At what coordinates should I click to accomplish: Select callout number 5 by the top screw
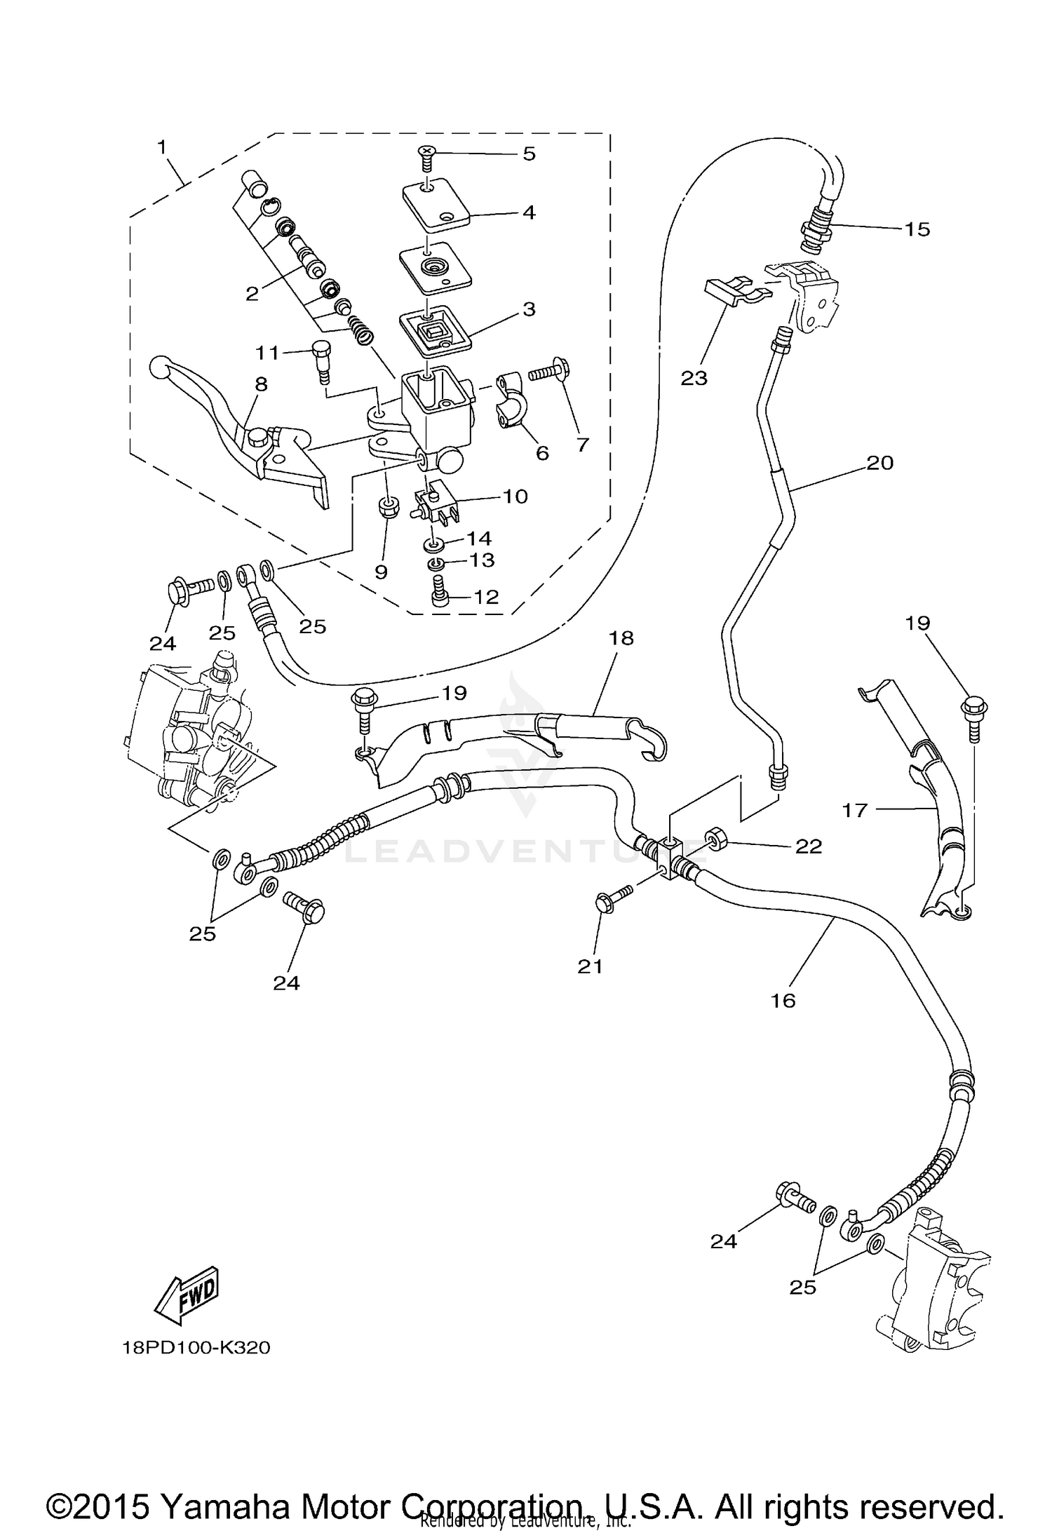529,154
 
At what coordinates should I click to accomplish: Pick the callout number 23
694,379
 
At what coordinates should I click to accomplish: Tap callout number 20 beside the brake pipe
879,463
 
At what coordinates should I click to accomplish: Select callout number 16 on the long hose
783,1001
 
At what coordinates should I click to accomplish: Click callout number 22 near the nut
808,846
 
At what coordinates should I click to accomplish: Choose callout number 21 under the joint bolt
591,966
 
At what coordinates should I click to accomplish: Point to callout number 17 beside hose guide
855,811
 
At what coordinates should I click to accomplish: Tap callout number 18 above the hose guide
621,638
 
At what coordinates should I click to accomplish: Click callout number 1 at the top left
162,148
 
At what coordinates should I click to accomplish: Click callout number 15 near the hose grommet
917,229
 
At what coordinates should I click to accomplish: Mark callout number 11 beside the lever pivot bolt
267,353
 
